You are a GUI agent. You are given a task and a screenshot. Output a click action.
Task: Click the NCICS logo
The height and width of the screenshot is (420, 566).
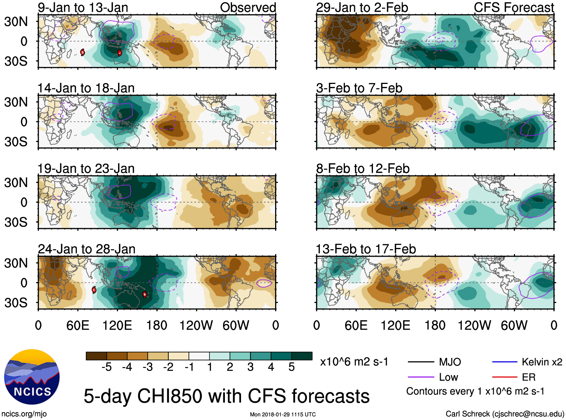[32, 377]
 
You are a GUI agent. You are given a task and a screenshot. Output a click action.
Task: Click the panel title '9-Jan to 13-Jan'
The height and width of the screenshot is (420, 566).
[83, 7]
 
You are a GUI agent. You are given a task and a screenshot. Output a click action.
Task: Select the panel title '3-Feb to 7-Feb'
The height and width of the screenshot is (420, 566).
[359, 88]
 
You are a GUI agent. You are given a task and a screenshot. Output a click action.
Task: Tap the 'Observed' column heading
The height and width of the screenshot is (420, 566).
[248, 7]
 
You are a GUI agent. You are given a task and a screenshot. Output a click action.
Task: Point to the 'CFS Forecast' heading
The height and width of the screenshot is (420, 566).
[514, 7]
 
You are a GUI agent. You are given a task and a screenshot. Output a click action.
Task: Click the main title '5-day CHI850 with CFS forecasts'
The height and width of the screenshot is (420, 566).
[226, 396]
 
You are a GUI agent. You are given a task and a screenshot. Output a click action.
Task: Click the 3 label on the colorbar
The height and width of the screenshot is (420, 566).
[250, 367]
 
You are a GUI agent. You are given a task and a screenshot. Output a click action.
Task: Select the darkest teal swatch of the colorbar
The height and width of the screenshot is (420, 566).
[302, 356]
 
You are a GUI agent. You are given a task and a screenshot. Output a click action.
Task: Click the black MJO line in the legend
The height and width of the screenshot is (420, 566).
[421, 362]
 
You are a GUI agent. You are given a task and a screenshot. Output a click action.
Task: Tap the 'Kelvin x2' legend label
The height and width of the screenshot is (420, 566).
[542, 362]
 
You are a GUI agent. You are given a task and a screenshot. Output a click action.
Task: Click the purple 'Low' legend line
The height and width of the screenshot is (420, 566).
[421, 377]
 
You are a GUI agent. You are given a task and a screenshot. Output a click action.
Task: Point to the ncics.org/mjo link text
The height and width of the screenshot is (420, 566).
[24, 414]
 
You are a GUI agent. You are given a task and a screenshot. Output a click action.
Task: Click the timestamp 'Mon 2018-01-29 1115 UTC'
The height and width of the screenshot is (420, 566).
[283, 414]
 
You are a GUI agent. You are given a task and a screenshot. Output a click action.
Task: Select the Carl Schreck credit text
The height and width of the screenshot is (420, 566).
[505, 414]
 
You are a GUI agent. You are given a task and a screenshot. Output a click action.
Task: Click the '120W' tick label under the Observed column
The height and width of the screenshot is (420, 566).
[196, 325]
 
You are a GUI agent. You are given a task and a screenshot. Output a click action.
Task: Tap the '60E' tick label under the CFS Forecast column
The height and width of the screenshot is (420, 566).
[356, 325]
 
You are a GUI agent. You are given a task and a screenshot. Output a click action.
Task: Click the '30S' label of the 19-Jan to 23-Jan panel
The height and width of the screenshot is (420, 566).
[16, 222]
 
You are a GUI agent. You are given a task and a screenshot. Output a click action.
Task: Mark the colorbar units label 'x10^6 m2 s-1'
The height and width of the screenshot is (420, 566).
[354, 362]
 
